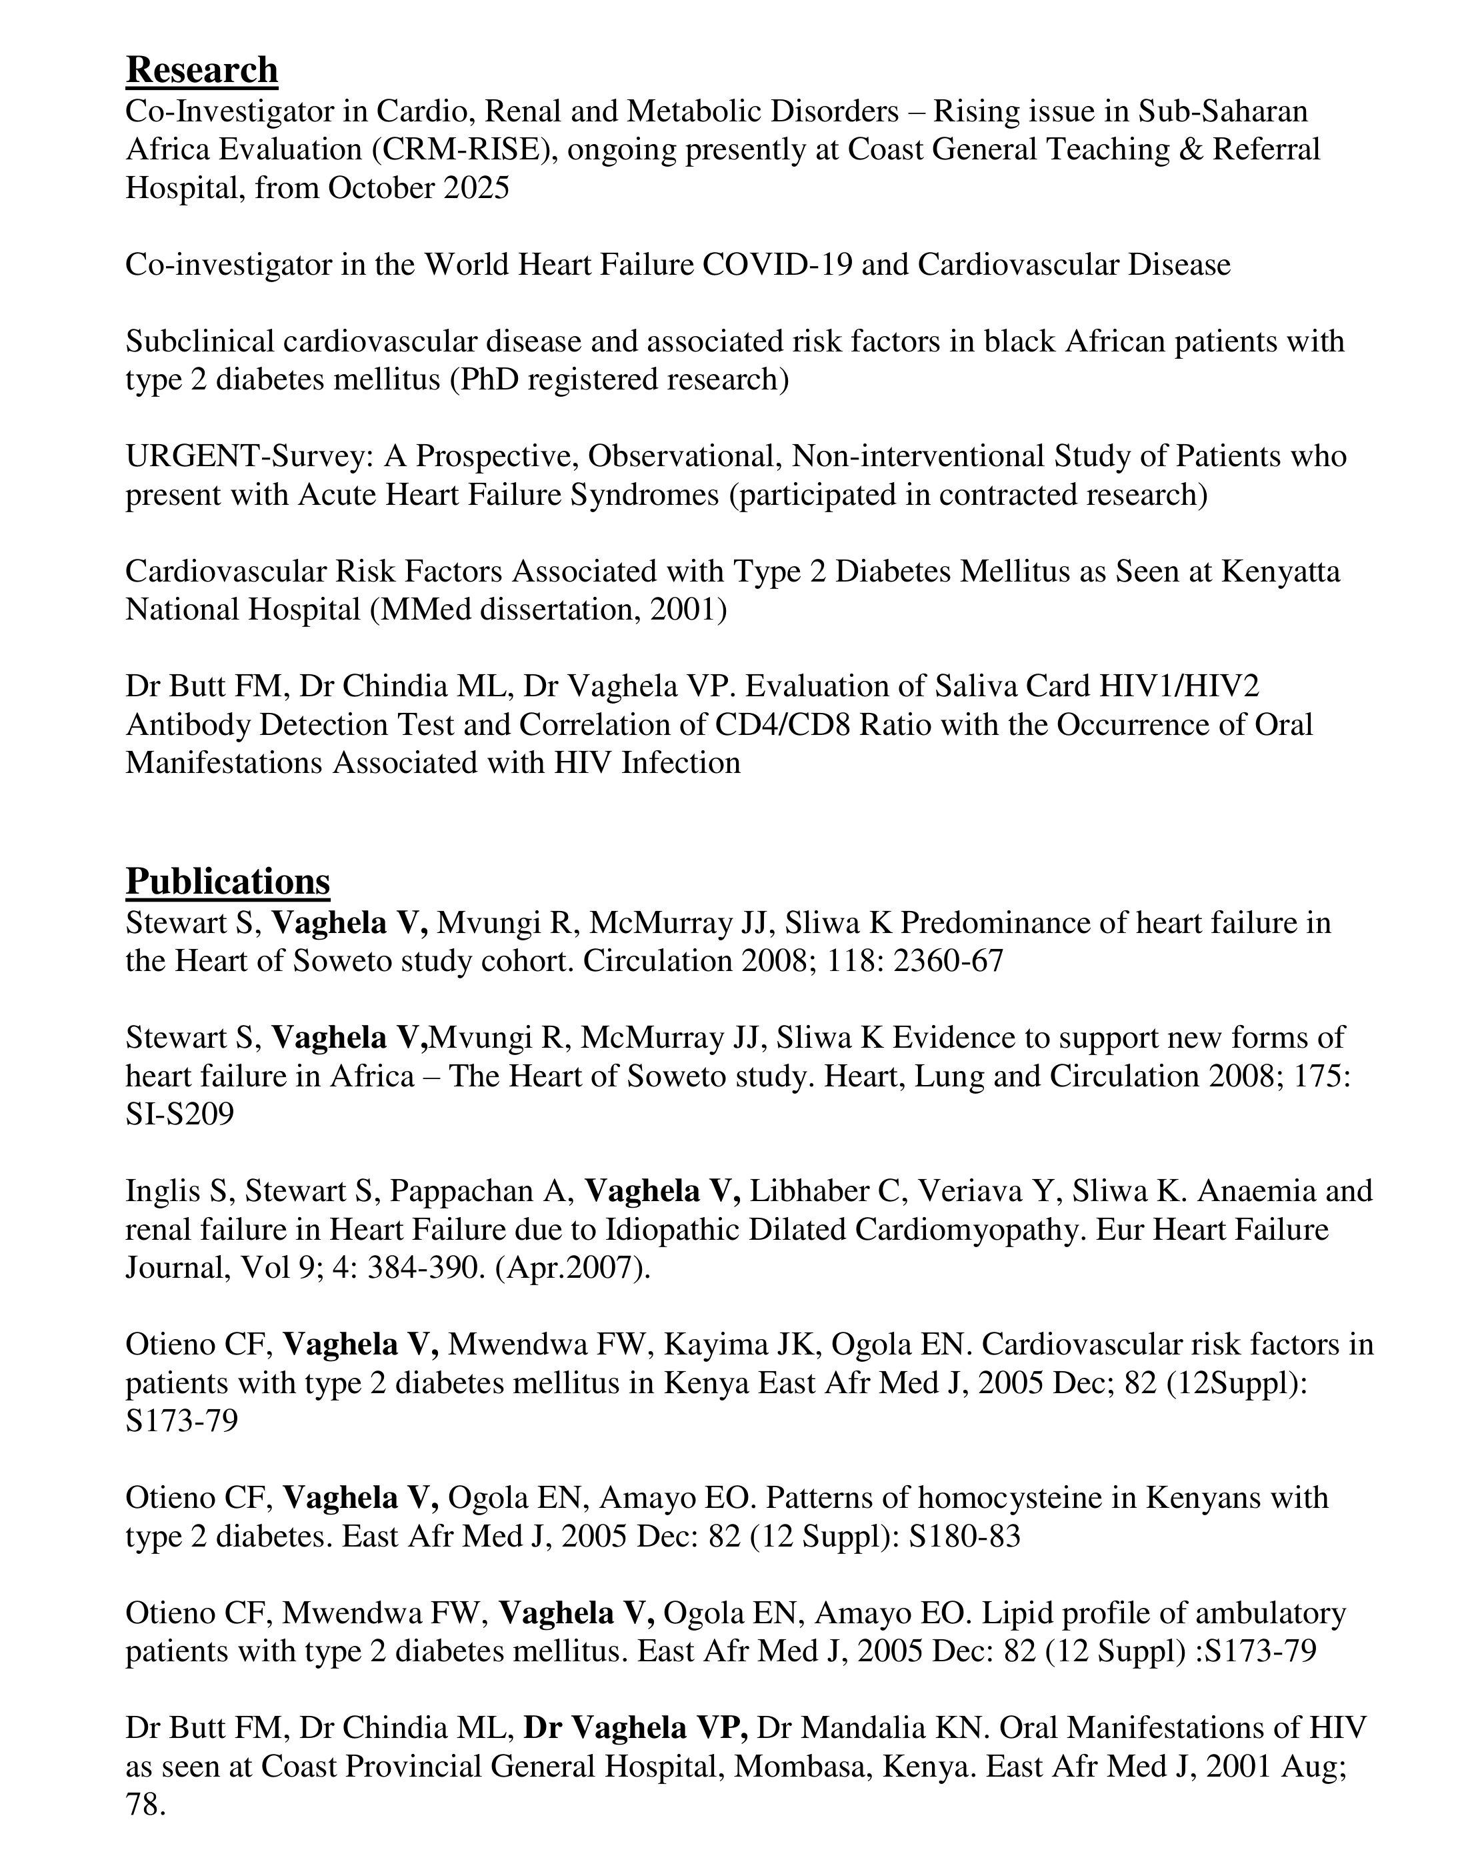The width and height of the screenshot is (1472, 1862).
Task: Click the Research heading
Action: (x=202, y=70)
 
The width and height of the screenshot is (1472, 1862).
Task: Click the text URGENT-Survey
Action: (x=250, y=456)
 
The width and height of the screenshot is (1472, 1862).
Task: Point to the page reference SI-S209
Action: (x=179, y=1114)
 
